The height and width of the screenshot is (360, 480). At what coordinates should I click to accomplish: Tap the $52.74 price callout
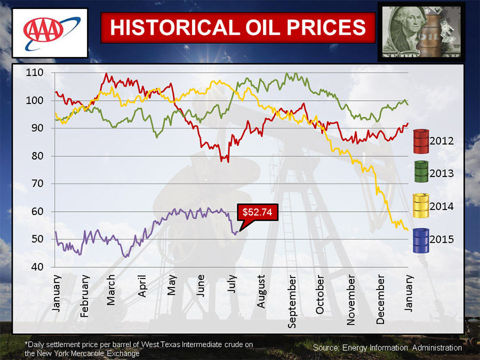pyautogui.click(x=257, y=212)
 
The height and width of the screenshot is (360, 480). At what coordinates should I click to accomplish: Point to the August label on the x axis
pyautogui.click(x=261, y=292)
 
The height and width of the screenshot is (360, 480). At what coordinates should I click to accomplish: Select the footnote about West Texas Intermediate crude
pyautogui.click(x=139, y=349)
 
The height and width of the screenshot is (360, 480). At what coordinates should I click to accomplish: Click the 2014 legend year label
pyautogui.click(x=443, y=206)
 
